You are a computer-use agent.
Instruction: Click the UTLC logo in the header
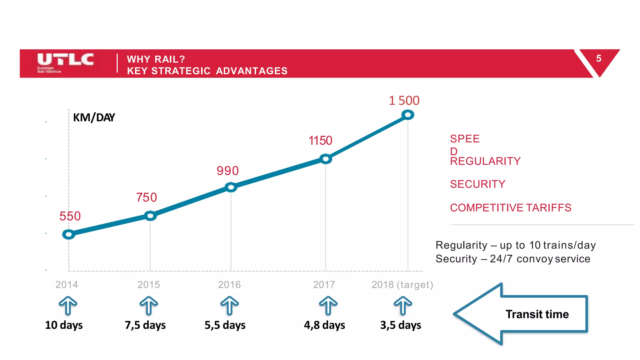[x=65, y=62]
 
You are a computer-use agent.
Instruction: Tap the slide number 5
[x=598, y=58]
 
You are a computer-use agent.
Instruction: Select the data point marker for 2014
[x=68, y=234]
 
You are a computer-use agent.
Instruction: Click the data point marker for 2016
[x=231, y=187]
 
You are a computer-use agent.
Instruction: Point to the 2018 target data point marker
[x=408, y=115]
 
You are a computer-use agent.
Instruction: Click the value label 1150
[x=320, y=141]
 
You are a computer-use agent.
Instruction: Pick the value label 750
[x=146, y=197]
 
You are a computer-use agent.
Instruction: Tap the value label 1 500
[x=404, y=101]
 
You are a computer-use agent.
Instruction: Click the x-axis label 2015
[x=149, y=285]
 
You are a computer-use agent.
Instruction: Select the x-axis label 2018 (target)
[x=402, y=285]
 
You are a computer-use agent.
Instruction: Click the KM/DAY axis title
[x=94, y=117]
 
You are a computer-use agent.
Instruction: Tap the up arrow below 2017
[x=328, y=305]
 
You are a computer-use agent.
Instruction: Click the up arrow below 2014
[x=68, y=305]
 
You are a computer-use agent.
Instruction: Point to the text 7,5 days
[x=145, y=325]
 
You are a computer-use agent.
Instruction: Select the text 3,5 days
[x=400, y=325]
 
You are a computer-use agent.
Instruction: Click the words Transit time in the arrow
[x=537, y=314]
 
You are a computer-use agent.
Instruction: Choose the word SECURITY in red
[x=477, y=184]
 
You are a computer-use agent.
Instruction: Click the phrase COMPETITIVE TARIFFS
[x=510, y=208]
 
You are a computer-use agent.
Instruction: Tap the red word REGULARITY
[x=485, y=161]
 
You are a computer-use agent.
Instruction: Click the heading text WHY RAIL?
[x=156, y=59]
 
